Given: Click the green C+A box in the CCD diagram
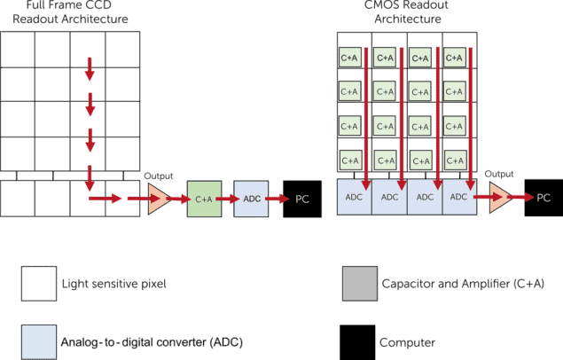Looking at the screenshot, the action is pos(204,199).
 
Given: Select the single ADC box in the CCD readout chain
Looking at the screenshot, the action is pos(251,199).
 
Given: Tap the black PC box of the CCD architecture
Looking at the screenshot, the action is pos(302,199).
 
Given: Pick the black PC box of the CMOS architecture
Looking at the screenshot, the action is pos(543,198).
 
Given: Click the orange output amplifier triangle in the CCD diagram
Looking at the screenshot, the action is pos(158,199).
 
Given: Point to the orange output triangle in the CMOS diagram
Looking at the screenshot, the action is pos(500,198).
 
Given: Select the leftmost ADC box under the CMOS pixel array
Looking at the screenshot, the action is pos(355,197).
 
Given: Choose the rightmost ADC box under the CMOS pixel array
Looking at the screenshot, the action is pos(460,197).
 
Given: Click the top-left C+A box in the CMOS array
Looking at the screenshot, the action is pos(349,58).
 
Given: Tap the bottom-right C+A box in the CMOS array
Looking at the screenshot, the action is pos(455,160).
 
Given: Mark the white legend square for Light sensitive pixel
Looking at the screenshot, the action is pos(39,284).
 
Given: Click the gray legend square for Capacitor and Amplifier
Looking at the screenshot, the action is pos(360,284).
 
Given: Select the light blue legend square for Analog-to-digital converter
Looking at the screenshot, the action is pos(39,342).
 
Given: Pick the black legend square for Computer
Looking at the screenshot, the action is pos(357,342).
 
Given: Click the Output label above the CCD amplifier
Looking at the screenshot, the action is pos(159,176).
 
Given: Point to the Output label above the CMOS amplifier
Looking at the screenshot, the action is pos(499,174).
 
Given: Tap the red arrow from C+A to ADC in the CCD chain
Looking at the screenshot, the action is pos(227,199).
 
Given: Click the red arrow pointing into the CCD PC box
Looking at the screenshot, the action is pos(278,199).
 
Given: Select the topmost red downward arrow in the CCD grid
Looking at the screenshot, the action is pos(90,69).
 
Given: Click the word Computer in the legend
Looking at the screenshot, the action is pos(407,342).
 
